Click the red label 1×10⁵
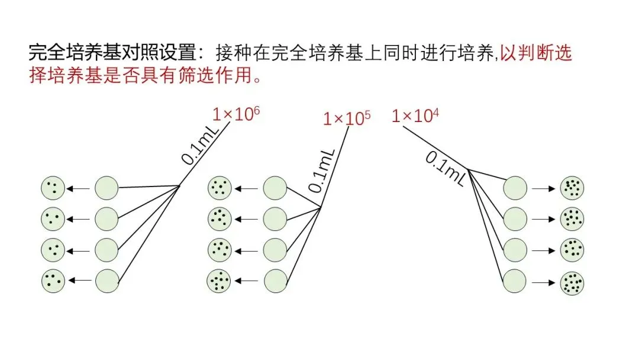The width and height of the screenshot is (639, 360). pos(347,118)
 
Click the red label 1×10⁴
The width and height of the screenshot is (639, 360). pos(415,115)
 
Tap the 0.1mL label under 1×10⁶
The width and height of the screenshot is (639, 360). pos(198,147)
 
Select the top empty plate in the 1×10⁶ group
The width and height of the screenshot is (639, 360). pos(107,188)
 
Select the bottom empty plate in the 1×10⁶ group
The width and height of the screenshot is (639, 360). pos(107,280)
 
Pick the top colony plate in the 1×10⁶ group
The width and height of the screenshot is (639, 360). pos(53,188)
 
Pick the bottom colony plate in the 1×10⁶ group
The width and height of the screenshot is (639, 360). pos(53,280)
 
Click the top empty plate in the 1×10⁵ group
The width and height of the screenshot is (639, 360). pos(275,188)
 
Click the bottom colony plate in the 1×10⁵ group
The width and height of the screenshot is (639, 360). pos(220,280)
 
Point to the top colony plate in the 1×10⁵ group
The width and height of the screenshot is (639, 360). pos(220,188)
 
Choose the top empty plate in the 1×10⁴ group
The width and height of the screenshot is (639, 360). pos(515,188)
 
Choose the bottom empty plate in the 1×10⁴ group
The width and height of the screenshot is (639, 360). pos(515,280)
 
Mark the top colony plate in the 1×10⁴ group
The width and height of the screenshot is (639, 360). pos(572,188)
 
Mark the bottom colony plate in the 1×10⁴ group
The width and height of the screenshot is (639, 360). pos(572,280)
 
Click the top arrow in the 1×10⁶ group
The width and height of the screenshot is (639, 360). pos(79,189)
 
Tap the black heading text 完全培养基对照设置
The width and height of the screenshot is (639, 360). pos(112,53)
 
